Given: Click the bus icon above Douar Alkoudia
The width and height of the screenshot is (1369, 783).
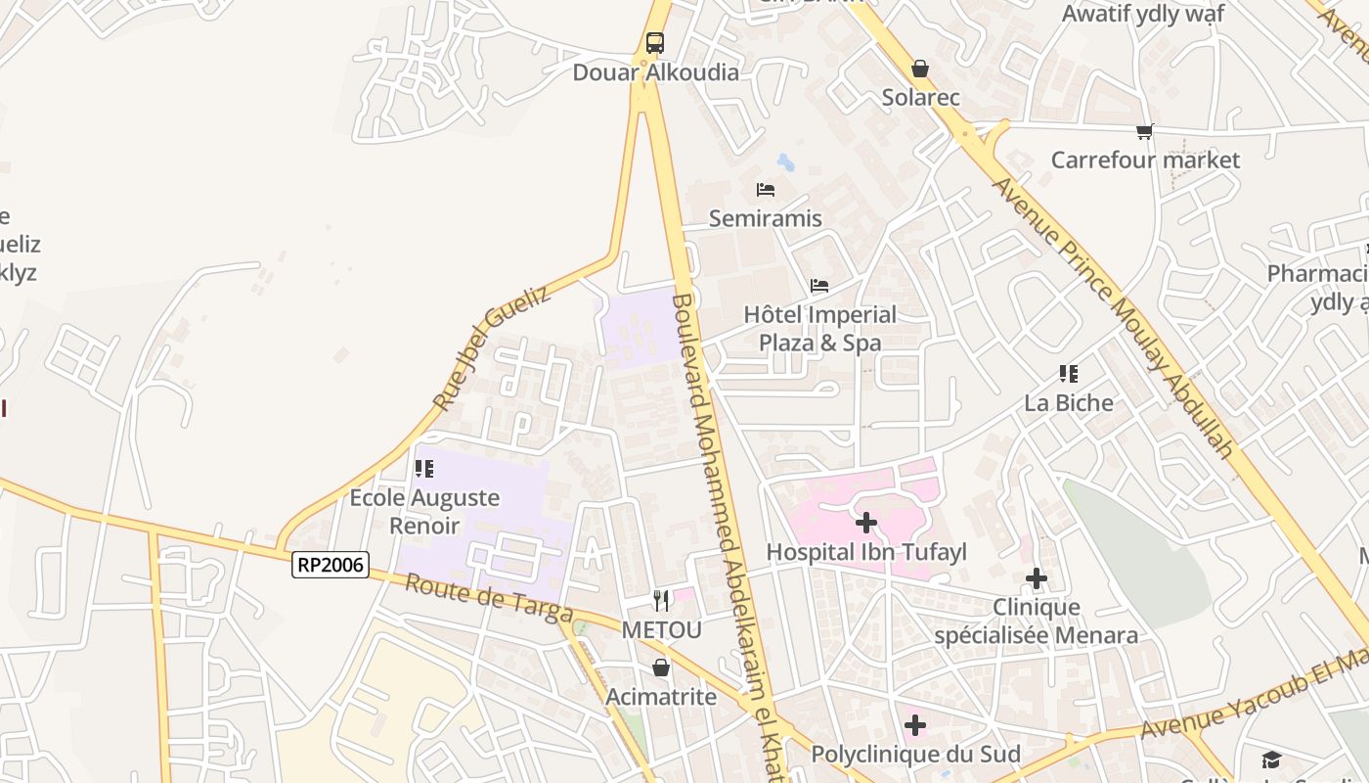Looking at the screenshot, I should point(655,43).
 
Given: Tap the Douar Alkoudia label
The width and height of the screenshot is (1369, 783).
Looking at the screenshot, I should point(655,72).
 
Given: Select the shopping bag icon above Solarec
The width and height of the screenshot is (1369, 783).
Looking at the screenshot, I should point(920,69).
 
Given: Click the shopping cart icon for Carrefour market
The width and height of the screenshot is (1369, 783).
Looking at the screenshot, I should point(1145,131).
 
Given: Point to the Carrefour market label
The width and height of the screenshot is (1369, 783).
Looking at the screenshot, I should point(1145,160).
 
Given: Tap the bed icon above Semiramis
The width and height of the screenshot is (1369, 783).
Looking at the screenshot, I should point(766,189).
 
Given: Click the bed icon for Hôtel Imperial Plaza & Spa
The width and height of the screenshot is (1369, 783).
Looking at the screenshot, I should point(819,286).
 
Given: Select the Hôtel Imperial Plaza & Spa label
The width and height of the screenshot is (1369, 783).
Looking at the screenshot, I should point(819,329).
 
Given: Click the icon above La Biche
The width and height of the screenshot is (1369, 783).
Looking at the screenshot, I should point(1069,374).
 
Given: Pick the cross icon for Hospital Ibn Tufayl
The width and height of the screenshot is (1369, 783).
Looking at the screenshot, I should point(865,523).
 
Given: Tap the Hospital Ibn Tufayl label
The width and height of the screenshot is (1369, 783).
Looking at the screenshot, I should point(865,552).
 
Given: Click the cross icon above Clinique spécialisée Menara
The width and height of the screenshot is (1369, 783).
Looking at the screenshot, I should point(1037,579).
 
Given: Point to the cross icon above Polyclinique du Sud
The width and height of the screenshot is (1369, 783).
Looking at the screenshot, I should point(915,725).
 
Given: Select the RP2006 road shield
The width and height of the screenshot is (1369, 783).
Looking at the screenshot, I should point(331,565).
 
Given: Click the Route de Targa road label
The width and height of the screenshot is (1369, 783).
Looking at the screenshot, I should point(488,597).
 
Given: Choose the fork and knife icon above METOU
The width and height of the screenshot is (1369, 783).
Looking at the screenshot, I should point(662,600).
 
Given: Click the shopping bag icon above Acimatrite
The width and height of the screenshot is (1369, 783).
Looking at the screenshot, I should point(661,668).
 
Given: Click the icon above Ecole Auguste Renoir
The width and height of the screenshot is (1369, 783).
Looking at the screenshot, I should point(424,469).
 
